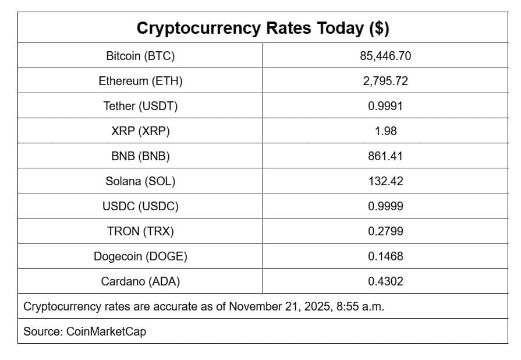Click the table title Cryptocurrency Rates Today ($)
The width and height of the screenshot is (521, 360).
(x=263, y=28)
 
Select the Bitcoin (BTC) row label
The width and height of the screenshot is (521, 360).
(x=140, y=56)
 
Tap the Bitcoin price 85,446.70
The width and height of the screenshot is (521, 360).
(x=385, y=56)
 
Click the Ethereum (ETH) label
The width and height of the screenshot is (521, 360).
(x=140, y=81)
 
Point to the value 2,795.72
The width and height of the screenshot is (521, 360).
(x=385, y=81)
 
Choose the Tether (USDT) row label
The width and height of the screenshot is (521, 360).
(x=140, y=106)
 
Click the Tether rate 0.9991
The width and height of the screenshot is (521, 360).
(x=385, y=106)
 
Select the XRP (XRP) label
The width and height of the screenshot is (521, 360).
(x=140, y=131)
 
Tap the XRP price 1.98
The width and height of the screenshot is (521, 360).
(x=385, y=131)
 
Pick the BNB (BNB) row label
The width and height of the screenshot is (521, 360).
(x=140, y=156)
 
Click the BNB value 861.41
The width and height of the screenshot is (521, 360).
(x=385, y=156)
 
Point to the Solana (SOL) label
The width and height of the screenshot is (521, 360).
(x=140, y=181)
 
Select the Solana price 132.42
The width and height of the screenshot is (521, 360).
(x=385, y=181)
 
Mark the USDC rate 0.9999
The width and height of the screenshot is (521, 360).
(x=385, y=206)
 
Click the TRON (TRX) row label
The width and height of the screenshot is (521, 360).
(x=140, y=231)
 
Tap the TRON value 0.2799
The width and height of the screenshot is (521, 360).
(x=385, y=231)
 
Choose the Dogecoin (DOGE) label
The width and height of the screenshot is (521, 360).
(x=140, y=256)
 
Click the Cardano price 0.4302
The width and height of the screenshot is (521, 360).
(x=385, y=281)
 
